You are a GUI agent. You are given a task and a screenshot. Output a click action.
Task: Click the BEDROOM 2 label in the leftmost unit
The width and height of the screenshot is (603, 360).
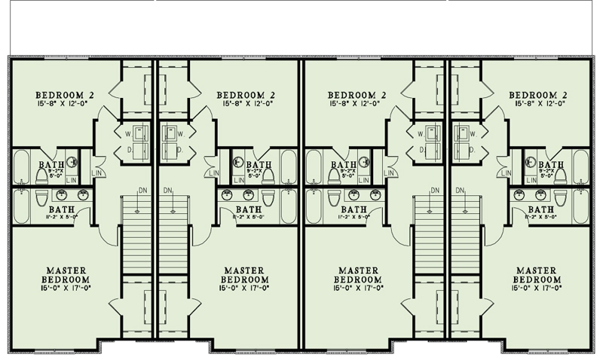[x=63, y=94]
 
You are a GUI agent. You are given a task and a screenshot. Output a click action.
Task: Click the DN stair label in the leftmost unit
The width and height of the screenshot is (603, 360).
[x=144, y=190]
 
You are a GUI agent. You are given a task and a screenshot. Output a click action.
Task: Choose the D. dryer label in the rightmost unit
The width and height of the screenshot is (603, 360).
[x=472, y=150]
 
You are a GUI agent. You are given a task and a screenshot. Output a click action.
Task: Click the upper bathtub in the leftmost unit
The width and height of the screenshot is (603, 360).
[x=22, y=169]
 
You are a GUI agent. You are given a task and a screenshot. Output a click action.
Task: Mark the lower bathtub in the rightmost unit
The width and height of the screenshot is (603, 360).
[x=580, y=205]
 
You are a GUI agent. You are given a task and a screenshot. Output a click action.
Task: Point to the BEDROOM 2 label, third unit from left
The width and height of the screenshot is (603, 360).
[x=357, y=94]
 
